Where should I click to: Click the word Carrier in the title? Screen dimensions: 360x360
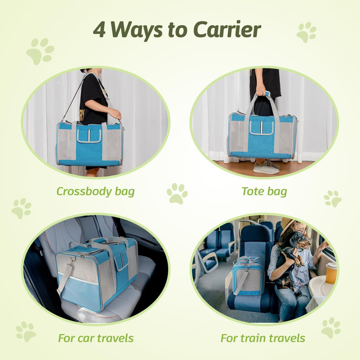[x=227, y=30]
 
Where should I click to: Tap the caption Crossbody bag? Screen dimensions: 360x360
[x=95, y=192]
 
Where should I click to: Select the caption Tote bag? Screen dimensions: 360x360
[x=264, y=191]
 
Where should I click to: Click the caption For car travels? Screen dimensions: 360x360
[x=96, y=338]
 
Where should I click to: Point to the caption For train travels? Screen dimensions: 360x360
[x=263, y=338]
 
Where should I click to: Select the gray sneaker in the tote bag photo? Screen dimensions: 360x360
[x=266, y=168]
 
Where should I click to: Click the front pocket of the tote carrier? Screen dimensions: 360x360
[x=261, y=128]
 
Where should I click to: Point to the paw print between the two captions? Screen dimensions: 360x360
[x=177, y=194]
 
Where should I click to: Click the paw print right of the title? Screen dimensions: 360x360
[x=306, y=32]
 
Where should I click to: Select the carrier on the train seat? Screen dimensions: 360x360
[x=248, y=276]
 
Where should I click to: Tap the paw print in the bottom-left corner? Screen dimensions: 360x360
[x=26, y=331]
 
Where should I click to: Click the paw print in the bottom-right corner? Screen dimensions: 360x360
[x=331, y=327]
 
